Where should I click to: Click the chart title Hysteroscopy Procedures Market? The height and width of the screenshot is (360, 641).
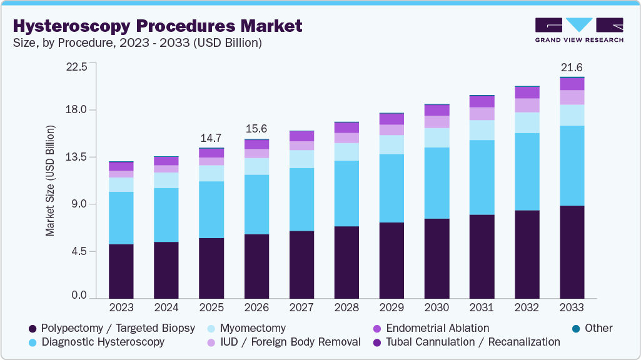157,26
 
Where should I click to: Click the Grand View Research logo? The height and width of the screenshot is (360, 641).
579,30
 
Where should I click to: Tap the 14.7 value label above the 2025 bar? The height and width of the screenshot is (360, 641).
211,137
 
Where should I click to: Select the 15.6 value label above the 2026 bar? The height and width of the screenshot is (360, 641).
256,128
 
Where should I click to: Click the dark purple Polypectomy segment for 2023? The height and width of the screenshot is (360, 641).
121,271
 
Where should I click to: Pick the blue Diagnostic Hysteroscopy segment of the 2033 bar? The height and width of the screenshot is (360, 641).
572,166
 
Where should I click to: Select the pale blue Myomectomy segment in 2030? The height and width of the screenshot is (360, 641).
437,137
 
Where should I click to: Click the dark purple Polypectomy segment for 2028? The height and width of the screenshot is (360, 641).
346,262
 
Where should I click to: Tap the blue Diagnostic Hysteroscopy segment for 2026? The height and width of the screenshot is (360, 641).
256,204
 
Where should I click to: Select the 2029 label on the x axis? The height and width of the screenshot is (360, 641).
391,307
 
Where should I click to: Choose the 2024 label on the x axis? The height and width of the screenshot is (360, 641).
166,307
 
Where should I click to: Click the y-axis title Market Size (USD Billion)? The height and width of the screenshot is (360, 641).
50,181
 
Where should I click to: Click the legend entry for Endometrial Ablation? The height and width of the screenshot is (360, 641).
437,328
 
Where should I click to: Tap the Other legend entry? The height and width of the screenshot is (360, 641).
598,328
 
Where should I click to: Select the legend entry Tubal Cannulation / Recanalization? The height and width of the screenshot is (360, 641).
472,342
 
